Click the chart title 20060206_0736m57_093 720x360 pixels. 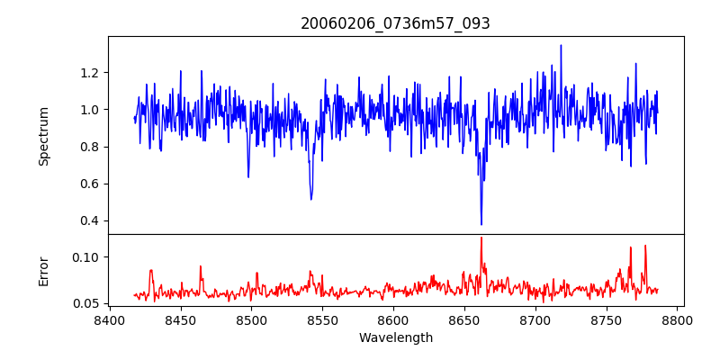[395, 23]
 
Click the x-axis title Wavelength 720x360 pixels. [395, 338]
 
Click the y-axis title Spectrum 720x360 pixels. [43, 136]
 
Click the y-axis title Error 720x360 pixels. [43, 271]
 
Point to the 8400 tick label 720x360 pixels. [109, 320]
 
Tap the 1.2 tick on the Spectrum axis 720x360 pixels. [90, 73]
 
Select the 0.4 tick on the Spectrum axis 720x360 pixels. [90, 220]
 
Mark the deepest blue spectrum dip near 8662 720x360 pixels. [481, 224]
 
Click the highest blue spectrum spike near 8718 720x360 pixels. [561, 45]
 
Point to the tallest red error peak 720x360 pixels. [481, 238]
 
